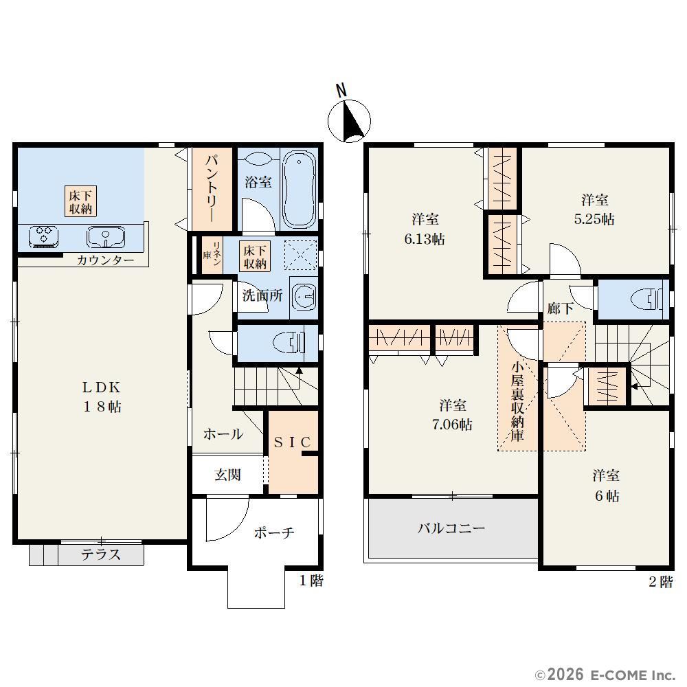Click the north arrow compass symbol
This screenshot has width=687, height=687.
click(349, 121)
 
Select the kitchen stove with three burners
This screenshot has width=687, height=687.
click(44, 236)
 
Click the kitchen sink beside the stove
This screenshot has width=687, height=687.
click(106, 236)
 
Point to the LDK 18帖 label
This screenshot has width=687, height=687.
click(102, 397)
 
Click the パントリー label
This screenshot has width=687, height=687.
click(213, 188)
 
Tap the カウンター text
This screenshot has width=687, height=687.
click(106, 260)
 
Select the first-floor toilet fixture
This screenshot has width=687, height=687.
click(290, 342)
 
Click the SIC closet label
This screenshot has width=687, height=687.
click(292, 442)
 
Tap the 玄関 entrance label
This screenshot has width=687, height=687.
click(227, 475)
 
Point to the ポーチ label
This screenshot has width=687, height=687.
click(274, 533)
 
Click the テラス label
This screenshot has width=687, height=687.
click(101, 554)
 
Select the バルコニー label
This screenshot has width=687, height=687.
click(451, 528)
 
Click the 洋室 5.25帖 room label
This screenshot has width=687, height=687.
click(594, 210)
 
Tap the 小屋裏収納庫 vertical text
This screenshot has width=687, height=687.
click(517, 401)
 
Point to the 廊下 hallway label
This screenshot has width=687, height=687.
click(561, 308)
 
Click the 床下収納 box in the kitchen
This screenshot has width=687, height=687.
click(80, 201)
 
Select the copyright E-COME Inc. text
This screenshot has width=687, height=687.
click(605, 674)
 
